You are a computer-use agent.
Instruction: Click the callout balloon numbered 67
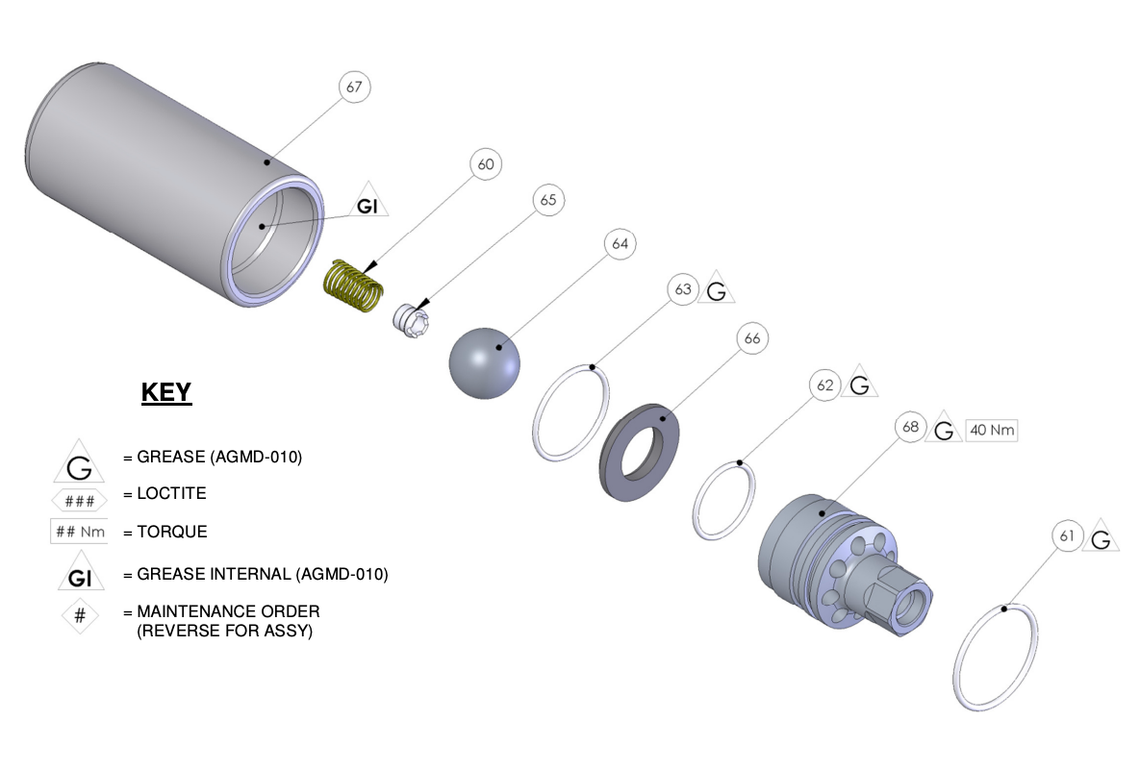point(354,87)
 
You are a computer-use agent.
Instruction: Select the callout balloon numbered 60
point(486,164)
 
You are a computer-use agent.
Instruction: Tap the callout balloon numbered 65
point(547,201)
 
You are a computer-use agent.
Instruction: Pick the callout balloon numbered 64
point(620,244)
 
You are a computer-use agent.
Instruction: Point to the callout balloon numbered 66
point(751,338)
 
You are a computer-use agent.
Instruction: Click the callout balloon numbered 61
point(1066,536)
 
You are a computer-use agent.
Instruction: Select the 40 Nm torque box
point(990,431)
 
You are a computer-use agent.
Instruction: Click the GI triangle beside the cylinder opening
point(367,204)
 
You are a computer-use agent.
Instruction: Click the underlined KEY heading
point(166,392)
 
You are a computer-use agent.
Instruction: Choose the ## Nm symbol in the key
point(79,532)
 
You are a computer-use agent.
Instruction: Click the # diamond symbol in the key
point(80,616)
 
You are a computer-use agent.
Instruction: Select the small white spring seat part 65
point(411,320)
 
